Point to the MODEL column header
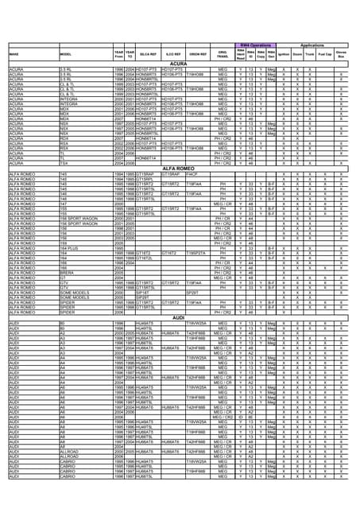(x=66, y=54)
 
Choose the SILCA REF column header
(x=148, y=54)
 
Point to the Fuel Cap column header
(x=323, y=53)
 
